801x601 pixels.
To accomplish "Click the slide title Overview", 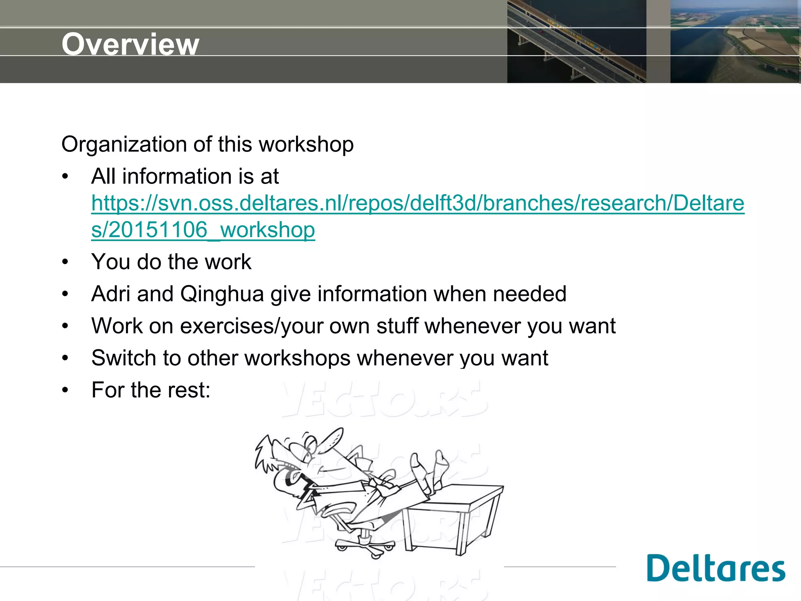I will click(130, 44).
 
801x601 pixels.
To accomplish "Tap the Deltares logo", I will click(716, 568).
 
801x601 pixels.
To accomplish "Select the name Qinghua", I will click(222, 294).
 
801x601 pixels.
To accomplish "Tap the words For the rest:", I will click(151, 390).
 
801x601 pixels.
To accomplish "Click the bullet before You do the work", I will click(65, 262).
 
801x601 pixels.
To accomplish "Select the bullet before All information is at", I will click(65, 176).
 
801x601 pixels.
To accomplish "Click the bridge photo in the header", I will click(577, 41).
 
